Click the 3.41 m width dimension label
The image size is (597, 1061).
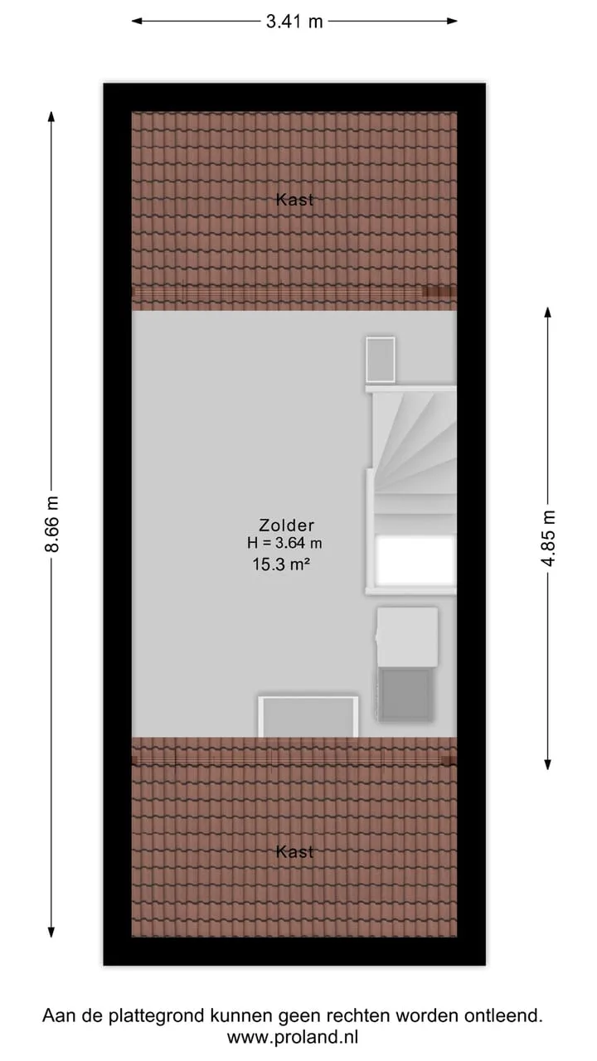[294, 22]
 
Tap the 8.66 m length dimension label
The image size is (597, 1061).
[51, 524]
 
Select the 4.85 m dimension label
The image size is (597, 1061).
[548, 538]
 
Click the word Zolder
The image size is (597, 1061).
[286, 526]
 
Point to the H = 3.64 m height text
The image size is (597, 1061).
[284, 543]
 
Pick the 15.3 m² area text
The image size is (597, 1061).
[281, 564]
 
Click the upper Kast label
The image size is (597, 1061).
[294, 200]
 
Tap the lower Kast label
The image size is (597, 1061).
[294, 852]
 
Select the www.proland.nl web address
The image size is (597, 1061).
[293, 1037]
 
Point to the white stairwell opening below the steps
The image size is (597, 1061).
[415, 561]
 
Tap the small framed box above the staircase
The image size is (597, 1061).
[381, 360]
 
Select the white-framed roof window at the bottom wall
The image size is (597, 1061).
[308, 717]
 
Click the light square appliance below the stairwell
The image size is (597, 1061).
[407, 637]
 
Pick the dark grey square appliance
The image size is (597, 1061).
[406, 695]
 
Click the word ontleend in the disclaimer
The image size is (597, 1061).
[503, 1015]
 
